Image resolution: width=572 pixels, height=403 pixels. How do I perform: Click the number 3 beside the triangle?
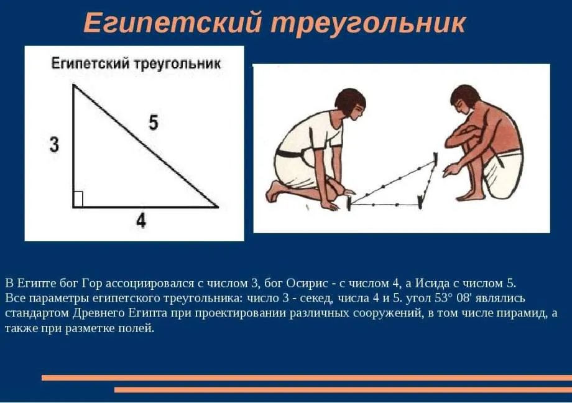54,144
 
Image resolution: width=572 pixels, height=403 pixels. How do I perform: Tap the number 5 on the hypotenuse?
154,122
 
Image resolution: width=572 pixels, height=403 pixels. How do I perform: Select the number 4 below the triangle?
141,220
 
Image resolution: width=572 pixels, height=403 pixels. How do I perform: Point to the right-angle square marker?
78,199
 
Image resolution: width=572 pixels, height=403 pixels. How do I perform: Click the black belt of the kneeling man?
291,154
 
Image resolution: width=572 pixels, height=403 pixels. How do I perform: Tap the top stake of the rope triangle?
436,159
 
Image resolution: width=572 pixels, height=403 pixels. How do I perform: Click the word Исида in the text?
433,283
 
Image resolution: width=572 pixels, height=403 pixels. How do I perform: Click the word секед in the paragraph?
316,299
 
